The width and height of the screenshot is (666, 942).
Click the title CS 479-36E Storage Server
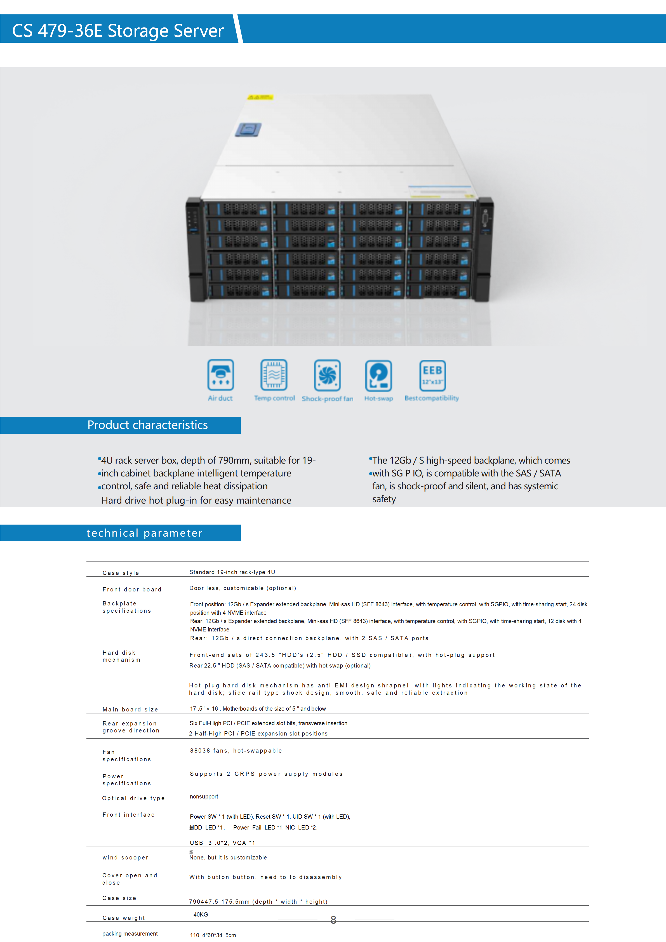[118, 31]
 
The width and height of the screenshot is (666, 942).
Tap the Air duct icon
[221, 375]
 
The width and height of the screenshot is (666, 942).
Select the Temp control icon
[274, 375]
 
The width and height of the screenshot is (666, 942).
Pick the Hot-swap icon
[378, 376]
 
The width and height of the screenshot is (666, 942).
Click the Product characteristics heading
[148, 425]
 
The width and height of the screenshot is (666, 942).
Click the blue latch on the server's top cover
[248, 130]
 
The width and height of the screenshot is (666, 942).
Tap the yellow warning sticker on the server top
[260, 97]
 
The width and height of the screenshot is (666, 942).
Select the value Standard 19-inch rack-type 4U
[232, 572]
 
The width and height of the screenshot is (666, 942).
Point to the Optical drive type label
[133, 798]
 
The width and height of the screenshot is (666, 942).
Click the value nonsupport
[204, 796]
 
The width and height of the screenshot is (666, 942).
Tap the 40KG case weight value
[201, 915]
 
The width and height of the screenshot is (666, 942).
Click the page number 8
[333, 920]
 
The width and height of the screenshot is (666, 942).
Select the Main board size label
[130, 710]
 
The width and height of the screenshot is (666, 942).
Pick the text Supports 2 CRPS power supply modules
[266, 774]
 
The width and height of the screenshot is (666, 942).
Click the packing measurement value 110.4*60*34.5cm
[213, 935]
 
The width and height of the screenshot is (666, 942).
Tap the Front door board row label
[132, 589]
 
